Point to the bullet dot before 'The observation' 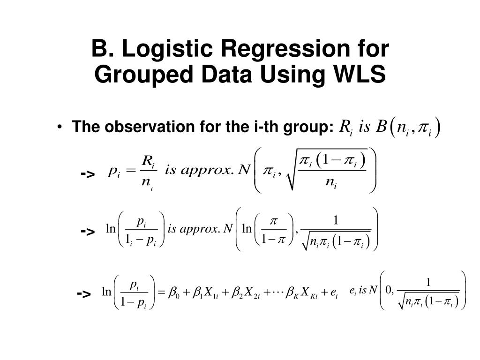62,127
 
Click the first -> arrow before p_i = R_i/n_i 88,174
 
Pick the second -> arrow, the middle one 88,231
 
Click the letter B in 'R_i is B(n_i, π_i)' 382,127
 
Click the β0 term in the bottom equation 174,293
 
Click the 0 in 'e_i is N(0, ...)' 389,290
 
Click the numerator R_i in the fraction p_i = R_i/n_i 148,162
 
